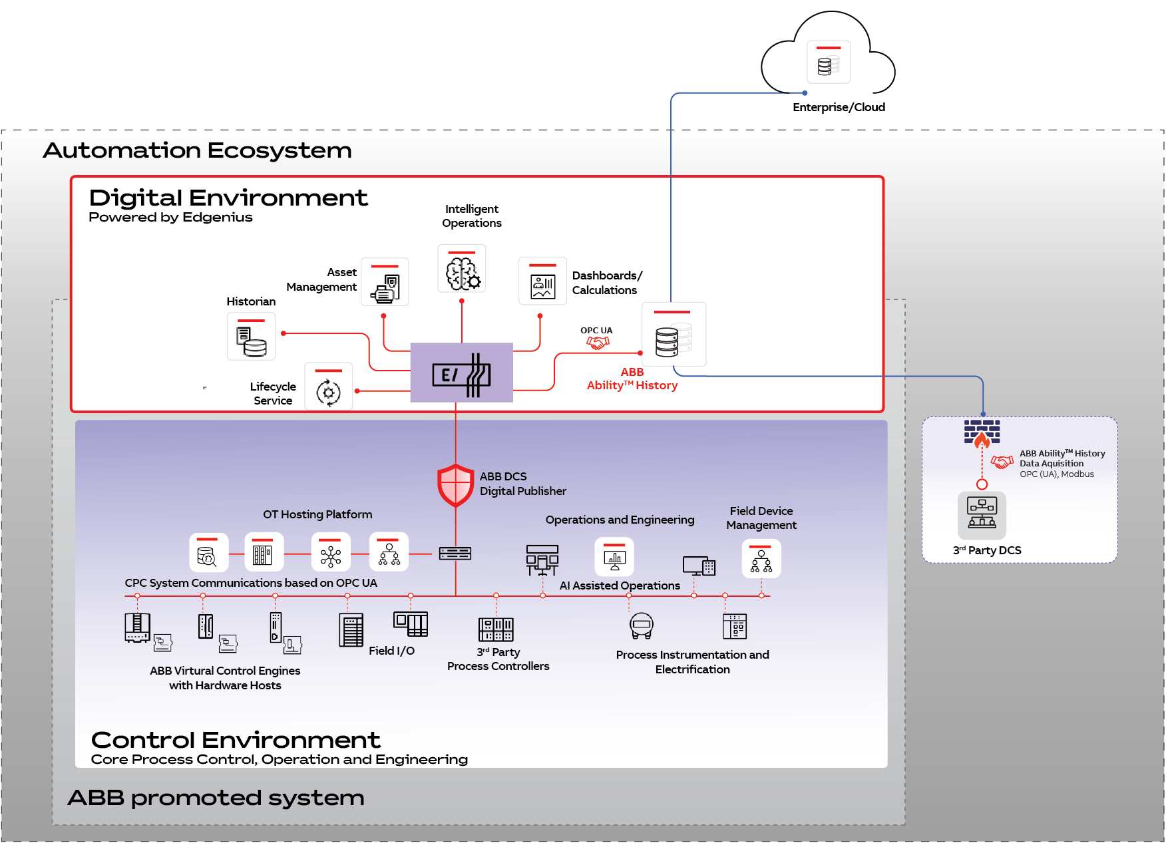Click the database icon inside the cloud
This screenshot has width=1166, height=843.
click(828, 63)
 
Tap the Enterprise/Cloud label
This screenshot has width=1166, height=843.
click(839, 107)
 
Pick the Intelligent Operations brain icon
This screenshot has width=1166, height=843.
click(462, 269)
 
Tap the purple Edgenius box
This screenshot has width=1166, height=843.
click(461, 373)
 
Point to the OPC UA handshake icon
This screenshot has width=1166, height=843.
click(598, 343)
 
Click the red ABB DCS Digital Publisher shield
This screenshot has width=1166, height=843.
click(455, 485)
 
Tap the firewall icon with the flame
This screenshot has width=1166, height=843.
click(982, 433)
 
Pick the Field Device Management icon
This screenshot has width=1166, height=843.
click(761, 559)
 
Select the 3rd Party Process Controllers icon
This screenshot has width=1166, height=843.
click(496, 629)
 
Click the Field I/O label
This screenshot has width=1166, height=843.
click(391, 651)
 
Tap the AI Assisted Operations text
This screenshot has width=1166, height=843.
click(620, 586)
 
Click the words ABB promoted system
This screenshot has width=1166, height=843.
click(216, 798)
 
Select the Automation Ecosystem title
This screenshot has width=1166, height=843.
click(197, 150)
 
